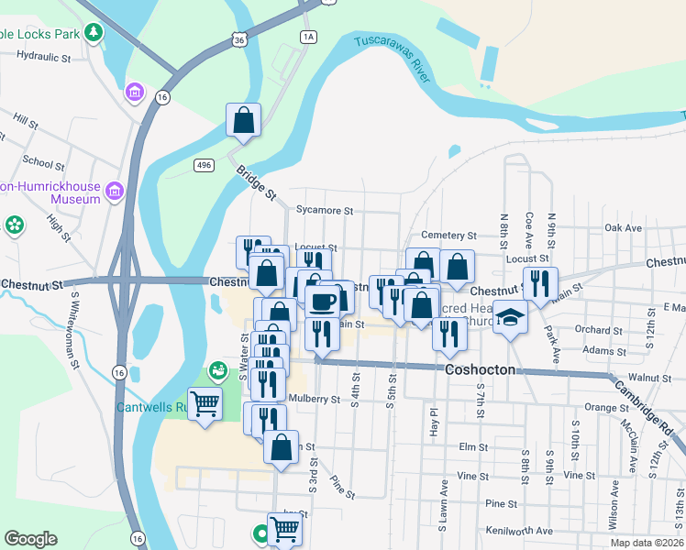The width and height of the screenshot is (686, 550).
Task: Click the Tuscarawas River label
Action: [x=392, y=58]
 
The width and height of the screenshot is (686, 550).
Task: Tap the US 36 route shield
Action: [x=239, y=40]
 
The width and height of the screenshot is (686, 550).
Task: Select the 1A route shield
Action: [x=307, y=37]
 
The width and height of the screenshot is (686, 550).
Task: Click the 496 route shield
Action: [x=204, y=164]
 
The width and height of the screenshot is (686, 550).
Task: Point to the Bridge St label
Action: [x=256, y=182]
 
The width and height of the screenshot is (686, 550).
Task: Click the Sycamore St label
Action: [x=324, y=210]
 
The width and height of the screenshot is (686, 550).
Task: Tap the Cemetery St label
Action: [x=448, y=236]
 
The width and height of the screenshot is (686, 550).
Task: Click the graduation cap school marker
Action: [x=510, y=317]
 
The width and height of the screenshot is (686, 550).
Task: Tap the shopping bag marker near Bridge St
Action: [x=244, y=119]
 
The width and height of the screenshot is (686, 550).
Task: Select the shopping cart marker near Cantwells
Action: [x=205, y=401]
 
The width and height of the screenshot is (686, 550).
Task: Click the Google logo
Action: [x=30, y=538]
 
